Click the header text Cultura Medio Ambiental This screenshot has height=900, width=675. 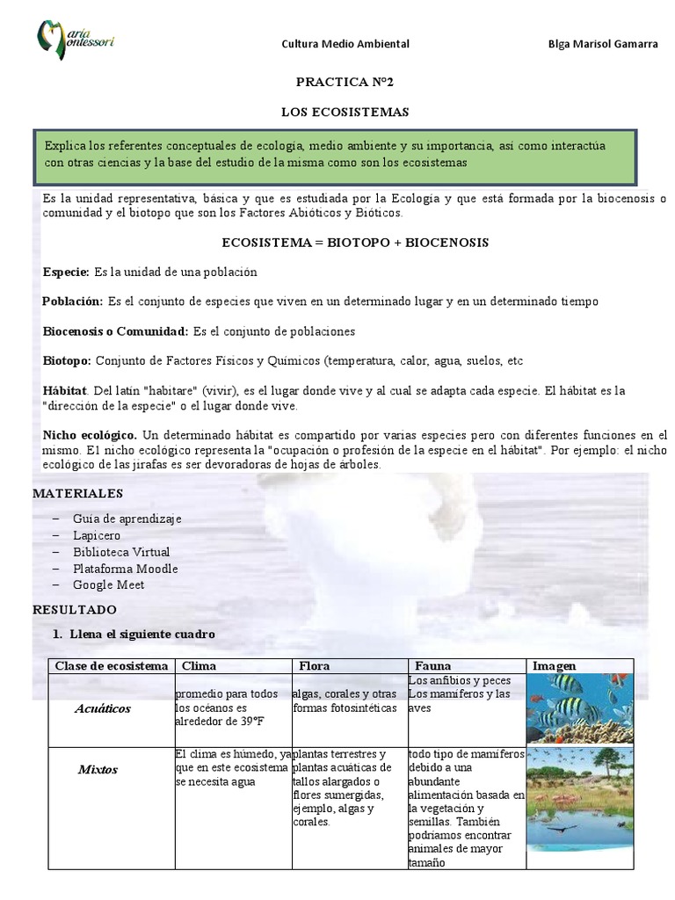click(345, 44)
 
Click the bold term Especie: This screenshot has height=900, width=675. click(66, 272)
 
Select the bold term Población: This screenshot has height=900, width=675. click(73, 301)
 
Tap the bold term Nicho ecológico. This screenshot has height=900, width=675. click(90, 435)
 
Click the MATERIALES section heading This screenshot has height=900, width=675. click(77, 494)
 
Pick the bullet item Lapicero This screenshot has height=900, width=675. click(97, 535)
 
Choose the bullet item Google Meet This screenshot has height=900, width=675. click(108, 584)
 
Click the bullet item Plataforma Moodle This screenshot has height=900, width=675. click(125, 569)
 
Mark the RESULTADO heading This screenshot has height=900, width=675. click(74, 609)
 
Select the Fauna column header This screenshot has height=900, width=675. click(432, 665)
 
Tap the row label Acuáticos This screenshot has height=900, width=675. click(104, 708)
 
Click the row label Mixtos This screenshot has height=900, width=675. click(98, 770)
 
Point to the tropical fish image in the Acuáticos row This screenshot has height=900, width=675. click(577, 709)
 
